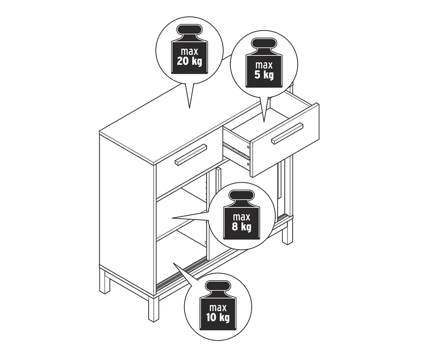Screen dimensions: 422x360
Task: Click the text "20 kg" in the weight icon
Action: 189,61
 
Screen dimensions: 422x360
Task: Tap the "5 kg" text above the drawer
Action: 264,75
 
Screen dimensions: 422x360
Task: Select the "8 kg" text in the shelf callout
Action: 241,227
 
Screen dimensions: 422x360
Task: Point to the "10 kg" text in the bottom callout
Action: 218,317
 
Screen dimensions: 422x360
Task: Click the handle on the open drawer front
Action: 287,133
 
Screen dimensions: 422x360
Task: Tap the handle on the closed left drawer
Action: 191,154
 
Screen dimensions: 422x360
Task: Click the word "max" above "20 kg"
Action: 189,51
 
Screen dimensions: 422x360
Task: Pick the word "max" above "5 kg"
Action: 264,65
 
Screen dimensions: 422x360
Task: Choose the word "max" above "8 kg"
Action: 241,217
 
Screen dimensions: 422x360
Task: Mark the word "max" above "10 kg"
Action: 218,307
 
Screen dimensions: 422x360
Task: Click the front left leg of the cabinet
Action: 154,308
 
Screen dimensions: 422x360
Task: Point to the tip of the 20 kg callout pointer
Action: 189,108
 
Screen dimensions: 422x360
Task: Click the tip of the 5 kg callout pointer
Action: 264,122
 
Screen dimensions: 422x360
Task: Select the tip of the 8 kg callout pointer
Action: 173,217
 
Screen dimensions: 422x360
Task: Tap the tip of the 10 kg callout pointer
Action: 173,263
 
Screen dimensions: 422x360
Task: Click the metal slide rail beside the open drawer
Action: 236,150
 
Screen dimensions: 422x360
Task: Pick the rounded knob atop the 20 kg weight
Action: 189,30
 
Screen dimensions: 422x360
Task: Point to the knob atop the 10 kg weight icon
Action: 218,286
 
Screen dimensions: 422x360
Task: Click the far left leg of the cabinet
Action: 105,280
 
